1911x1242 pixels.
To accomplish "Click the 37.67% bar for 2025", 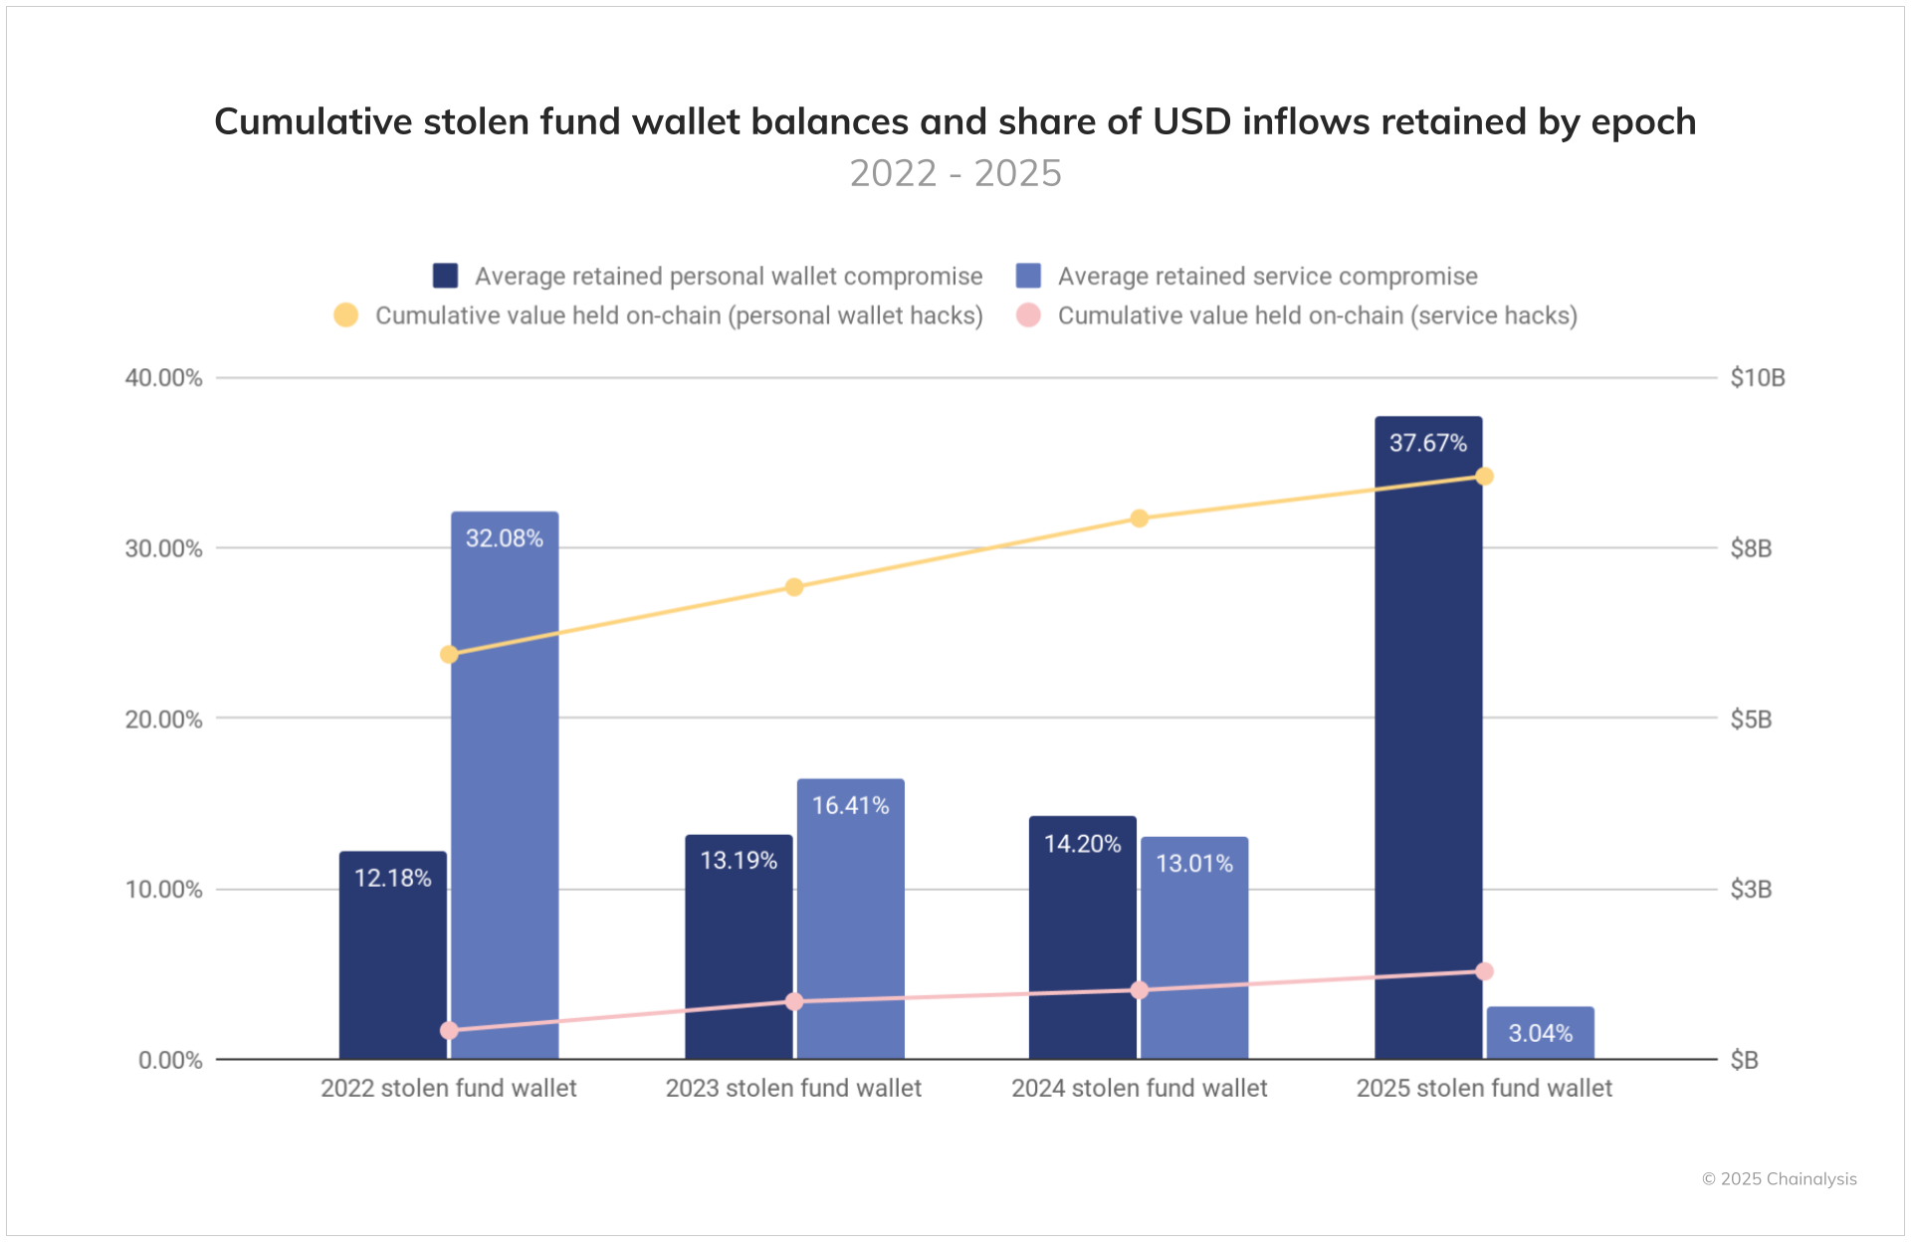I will (1428, 736).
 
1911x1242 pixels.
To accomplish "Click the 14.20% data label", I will (1082, 844).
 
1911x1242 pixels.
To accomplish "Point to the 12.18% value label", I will (393, 878).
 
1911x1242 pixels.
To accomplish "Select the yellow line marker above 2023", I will (794, 587).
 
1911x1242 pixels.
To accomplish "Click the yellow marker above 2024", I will (1140, 518).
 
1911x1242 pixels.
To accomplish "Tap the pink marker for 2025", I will (1484, 971).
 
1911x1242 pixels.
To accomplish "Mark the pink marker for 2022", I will (449, 1030).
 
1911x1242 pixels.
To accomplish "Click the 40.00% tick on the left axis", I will (163, 378).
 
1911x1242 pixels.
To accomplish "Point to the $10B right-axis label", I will (1757, 378).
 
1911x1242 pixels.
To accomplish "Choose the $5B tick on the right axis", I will (1751, 719).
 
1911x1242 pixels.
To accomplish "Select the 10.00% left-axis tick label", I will (163, 890).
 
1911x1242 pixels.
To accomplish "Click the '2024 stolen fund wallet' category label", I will (1140, 1088).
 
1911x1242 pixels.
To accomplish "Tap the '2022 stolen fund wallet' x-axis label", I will (449, 1088).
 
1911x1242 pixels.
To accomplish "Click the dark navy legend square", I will (445, 276).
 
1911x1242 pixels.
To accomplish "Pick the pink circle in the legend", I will (1028, 315).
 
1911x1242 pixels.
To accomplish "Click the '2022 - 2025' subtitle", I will (955, 173).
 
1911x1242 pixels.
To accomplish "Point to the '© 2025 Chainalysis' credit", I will (1779, 1179).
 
